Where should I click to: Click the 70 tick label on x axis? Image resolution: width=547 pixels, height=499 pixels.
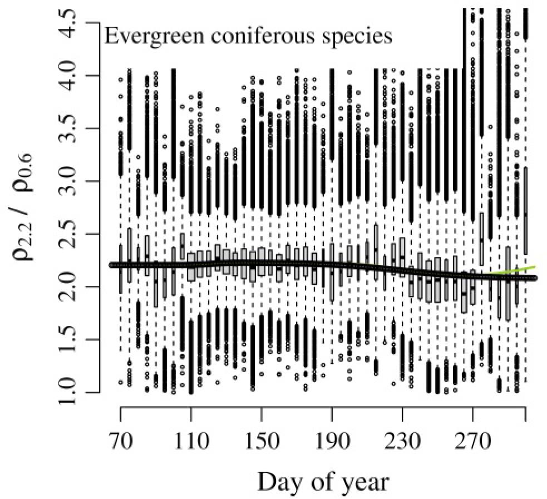point(121,444)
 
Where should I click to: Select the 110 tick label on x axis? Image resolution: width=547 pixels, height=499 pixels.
point(191,444)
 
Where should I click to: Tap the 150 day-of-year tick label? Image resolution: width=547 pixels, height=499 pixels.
point(262,444)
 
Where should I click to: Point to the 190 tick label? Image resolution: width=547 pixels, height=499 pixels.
point(332,444)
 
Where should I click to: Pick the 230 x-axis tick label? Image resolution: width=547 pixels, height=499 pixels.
point(402,444)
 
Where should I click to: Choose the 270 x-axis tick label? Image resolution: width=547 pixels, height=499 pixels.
point(472,444)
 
